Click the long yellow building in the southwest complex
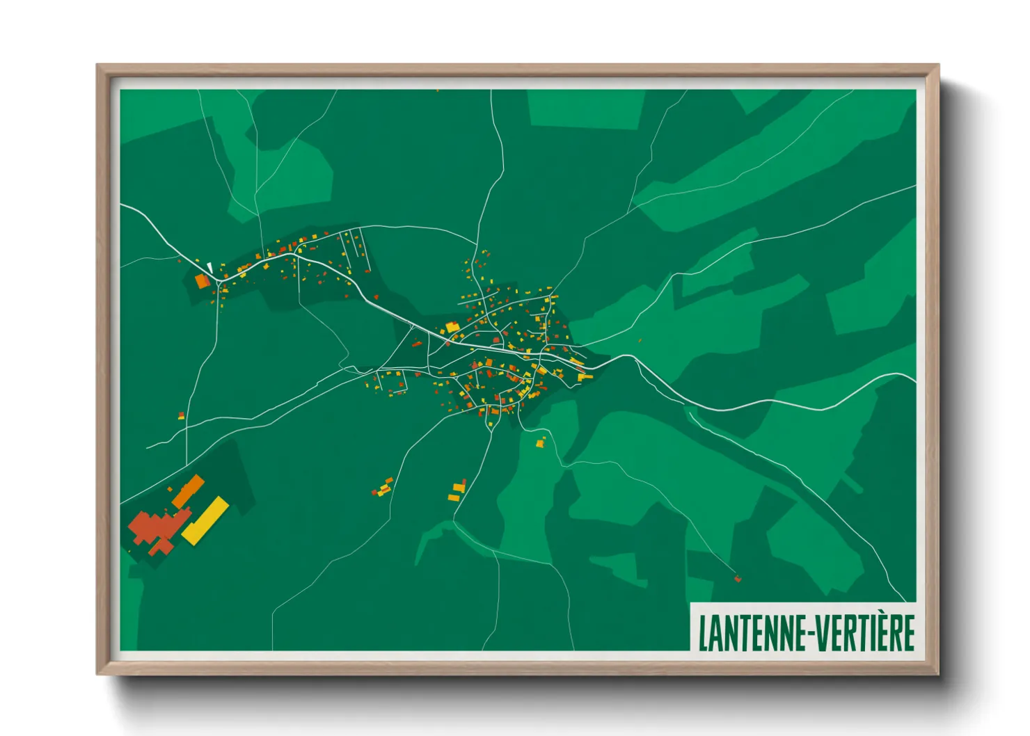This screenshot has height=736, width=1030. click(205, 520)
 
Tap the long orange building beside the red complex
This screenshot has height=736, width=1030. click(188, 491)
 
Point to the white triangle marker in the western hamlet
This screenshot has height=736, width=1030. click(209, 267)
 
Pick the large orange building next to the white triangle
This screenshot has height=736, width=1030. click(202, 281)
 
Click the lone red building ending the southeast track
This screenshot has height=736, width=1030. click(738, 578)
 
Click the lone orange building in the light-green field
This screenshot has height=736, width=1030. click(540, 442)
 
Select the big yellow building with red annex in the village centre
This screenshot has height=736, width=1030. click(453, 327)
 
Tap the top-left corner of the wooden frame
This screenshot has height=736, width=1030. click(98, 66)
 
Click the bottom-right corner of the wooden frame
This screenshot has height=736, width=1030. click(937, 673)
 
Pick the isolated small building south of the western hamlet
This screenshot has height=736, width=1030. click(181, 415)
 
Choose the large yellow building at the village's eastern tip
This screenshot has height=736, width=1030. click(584, 376)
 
